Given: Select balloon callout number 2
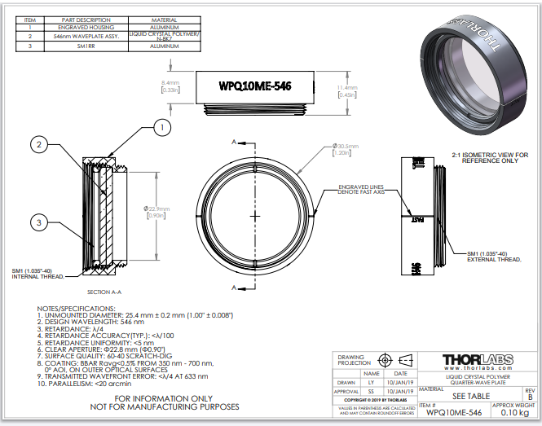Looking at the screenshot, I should (x=37, y=144).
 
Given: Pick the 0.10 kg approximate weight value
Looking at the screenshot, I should (x=513, y=413).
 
